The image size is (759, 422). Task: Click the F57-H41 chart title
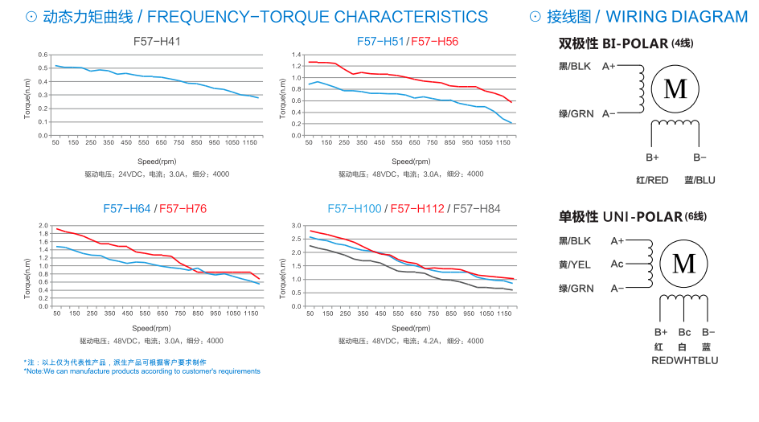coord(157,41)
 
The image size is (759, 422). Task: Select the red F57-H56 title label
coord(434,41)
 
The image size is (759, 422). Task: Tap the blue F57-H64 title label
coord(127,209)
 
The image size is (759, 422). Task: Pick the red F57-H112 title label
coord(417,209)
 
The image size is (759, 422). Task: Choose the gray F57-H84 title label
coord(477,209)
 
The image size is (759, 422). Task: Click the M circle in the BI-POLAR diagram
coord(675,88)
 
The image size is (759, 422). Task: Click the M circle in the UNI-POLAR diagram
coord(683,263)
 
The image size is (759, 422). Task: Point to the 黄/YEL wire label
coord(575,264)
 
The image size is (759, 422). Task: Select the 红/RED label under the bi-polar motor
coord(652,181)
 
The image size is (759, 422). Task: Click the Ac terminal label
coord(617,264)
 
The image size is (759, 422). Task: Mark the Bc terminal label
coord(684,332)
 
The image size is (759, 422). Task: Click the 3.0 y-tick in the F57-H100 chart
coord(296,226)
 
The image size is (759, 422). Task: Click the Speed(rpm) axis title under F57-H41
coord(157,162)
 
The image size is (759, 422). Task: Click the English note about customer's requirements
coord(142,371)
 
